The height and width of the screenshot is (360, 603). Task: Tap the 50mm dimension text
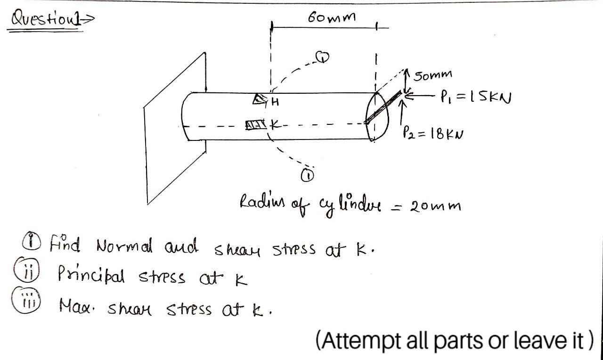(433, 75)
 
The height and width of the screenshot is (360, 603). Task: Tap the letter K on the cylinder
(275, 126)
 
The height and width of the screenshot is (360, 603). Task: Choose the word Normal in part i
(124, 246)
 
